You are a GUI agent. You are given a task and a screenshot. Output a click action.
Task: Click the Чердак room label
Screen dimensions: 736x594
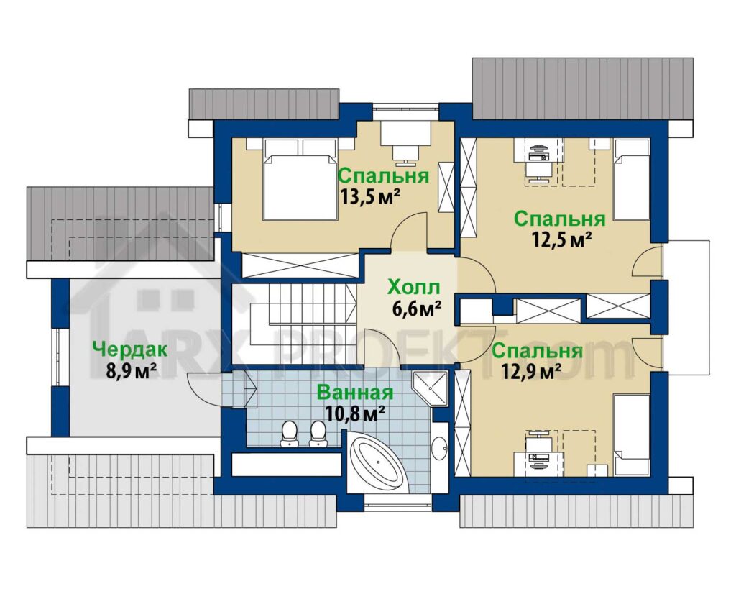(x=130, y=349)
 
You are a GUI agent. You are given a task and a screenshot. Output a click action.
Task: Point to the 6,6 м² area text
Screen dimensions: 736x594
(x=416, y=309)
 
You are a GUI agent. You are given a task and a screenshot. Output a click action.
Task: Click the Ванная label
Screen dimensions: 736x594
(x=354, y=392)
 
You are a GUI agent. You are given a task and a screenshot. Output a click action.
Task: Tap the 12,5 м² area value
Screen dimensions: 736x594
(x=561, y=240)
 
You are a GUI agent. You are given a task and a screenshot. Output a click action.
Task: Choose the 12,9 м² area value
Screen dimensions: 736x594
(x=532, y=371)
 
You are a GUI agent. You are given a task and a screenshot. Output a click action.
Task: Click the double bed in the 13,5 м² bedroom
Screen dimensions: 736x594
(x=300, y=179)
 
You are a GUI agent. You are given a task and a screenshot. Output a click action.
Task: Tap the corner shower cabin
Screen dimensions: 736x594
(x=430, y=388)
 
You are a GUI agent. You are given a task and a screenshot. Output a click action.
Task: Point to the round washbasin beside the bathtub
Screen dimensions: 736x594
(x=440, y=449)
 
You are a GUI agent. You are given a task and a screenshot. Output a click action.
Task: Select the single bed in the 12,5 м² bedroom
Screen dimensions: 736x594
(x=632, y=179)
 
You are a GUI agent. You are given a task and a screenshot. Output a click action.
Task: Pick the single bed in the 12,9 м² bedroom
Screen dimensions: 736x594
(x=632, y=435)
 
